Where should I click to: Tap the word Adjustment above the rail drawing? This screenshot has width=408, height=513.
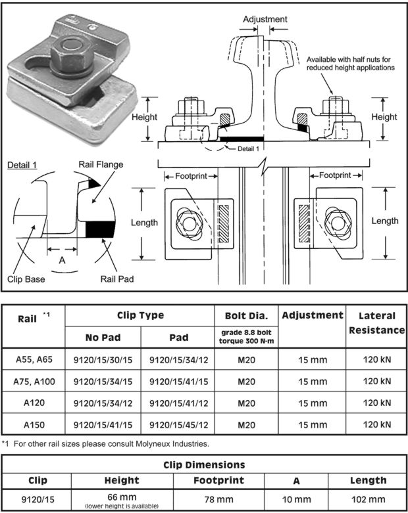(265, 20)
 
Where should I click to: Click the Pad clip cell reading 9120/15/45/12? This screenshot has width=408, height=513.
(179, 425)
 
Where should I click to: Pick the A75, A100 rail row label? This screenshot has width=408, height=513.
(34, 381)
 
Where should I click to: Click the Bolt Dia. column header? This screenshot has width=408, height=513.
(245, 316)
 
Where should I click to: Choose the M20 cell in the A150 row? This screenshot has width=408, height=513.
(246, 425)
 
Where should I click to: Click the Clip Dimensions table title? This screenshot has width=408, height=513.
(204, 465)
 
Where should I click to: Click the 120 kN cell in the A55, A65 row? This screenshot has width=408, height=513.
(376, 359)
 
